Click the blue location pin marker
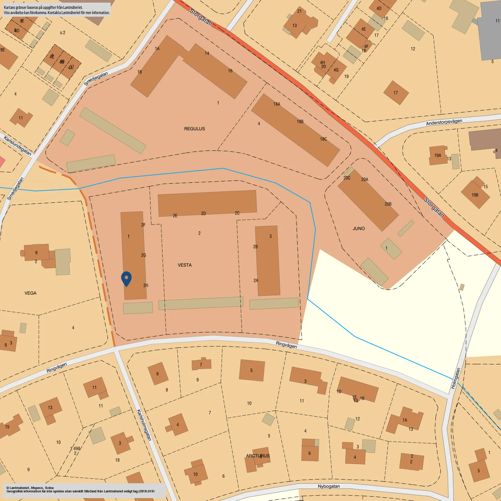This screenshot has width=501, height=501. click(126, 278)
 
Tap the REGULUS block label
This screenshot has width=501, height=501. click(194, 129)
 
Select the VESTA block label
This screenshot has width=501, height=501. click(185, 265)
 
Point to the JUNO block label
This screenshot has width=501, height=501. click(359, 229)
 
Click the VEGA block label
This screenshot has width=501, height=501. click(30, 293)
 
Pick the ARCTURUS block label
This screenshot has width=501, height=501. click(258, 456)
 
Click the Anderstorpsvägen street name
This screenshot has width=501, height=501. click(444, 122)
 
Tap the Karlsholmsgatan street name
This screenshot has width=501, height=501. click(144, 425)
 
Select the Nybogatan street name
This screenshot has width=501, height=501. click(329, 486)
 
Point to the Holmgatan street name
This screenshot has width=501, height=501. click(456, 378)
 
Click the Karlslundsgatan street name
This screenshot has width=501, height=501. click(17, 146)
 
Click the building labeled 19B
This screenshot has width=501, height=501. click(475, 195)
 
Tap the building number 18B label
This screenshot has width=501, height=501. click(300, 121)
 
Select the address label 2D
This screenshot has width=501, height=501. click(203, 213)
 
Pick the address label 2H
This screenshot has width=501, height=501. click(146, 285)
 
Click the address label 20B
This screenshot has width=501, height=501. click(388, 204)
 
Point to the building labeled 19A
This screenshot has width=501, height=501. click(438, 155)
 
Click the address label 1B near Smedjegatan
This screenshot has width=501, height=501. click(140, 72)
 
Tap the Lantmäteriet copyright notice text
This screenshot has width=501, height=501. click(80, 489)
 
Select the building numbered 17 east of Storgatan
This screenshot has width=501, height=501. click(396, 93)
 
